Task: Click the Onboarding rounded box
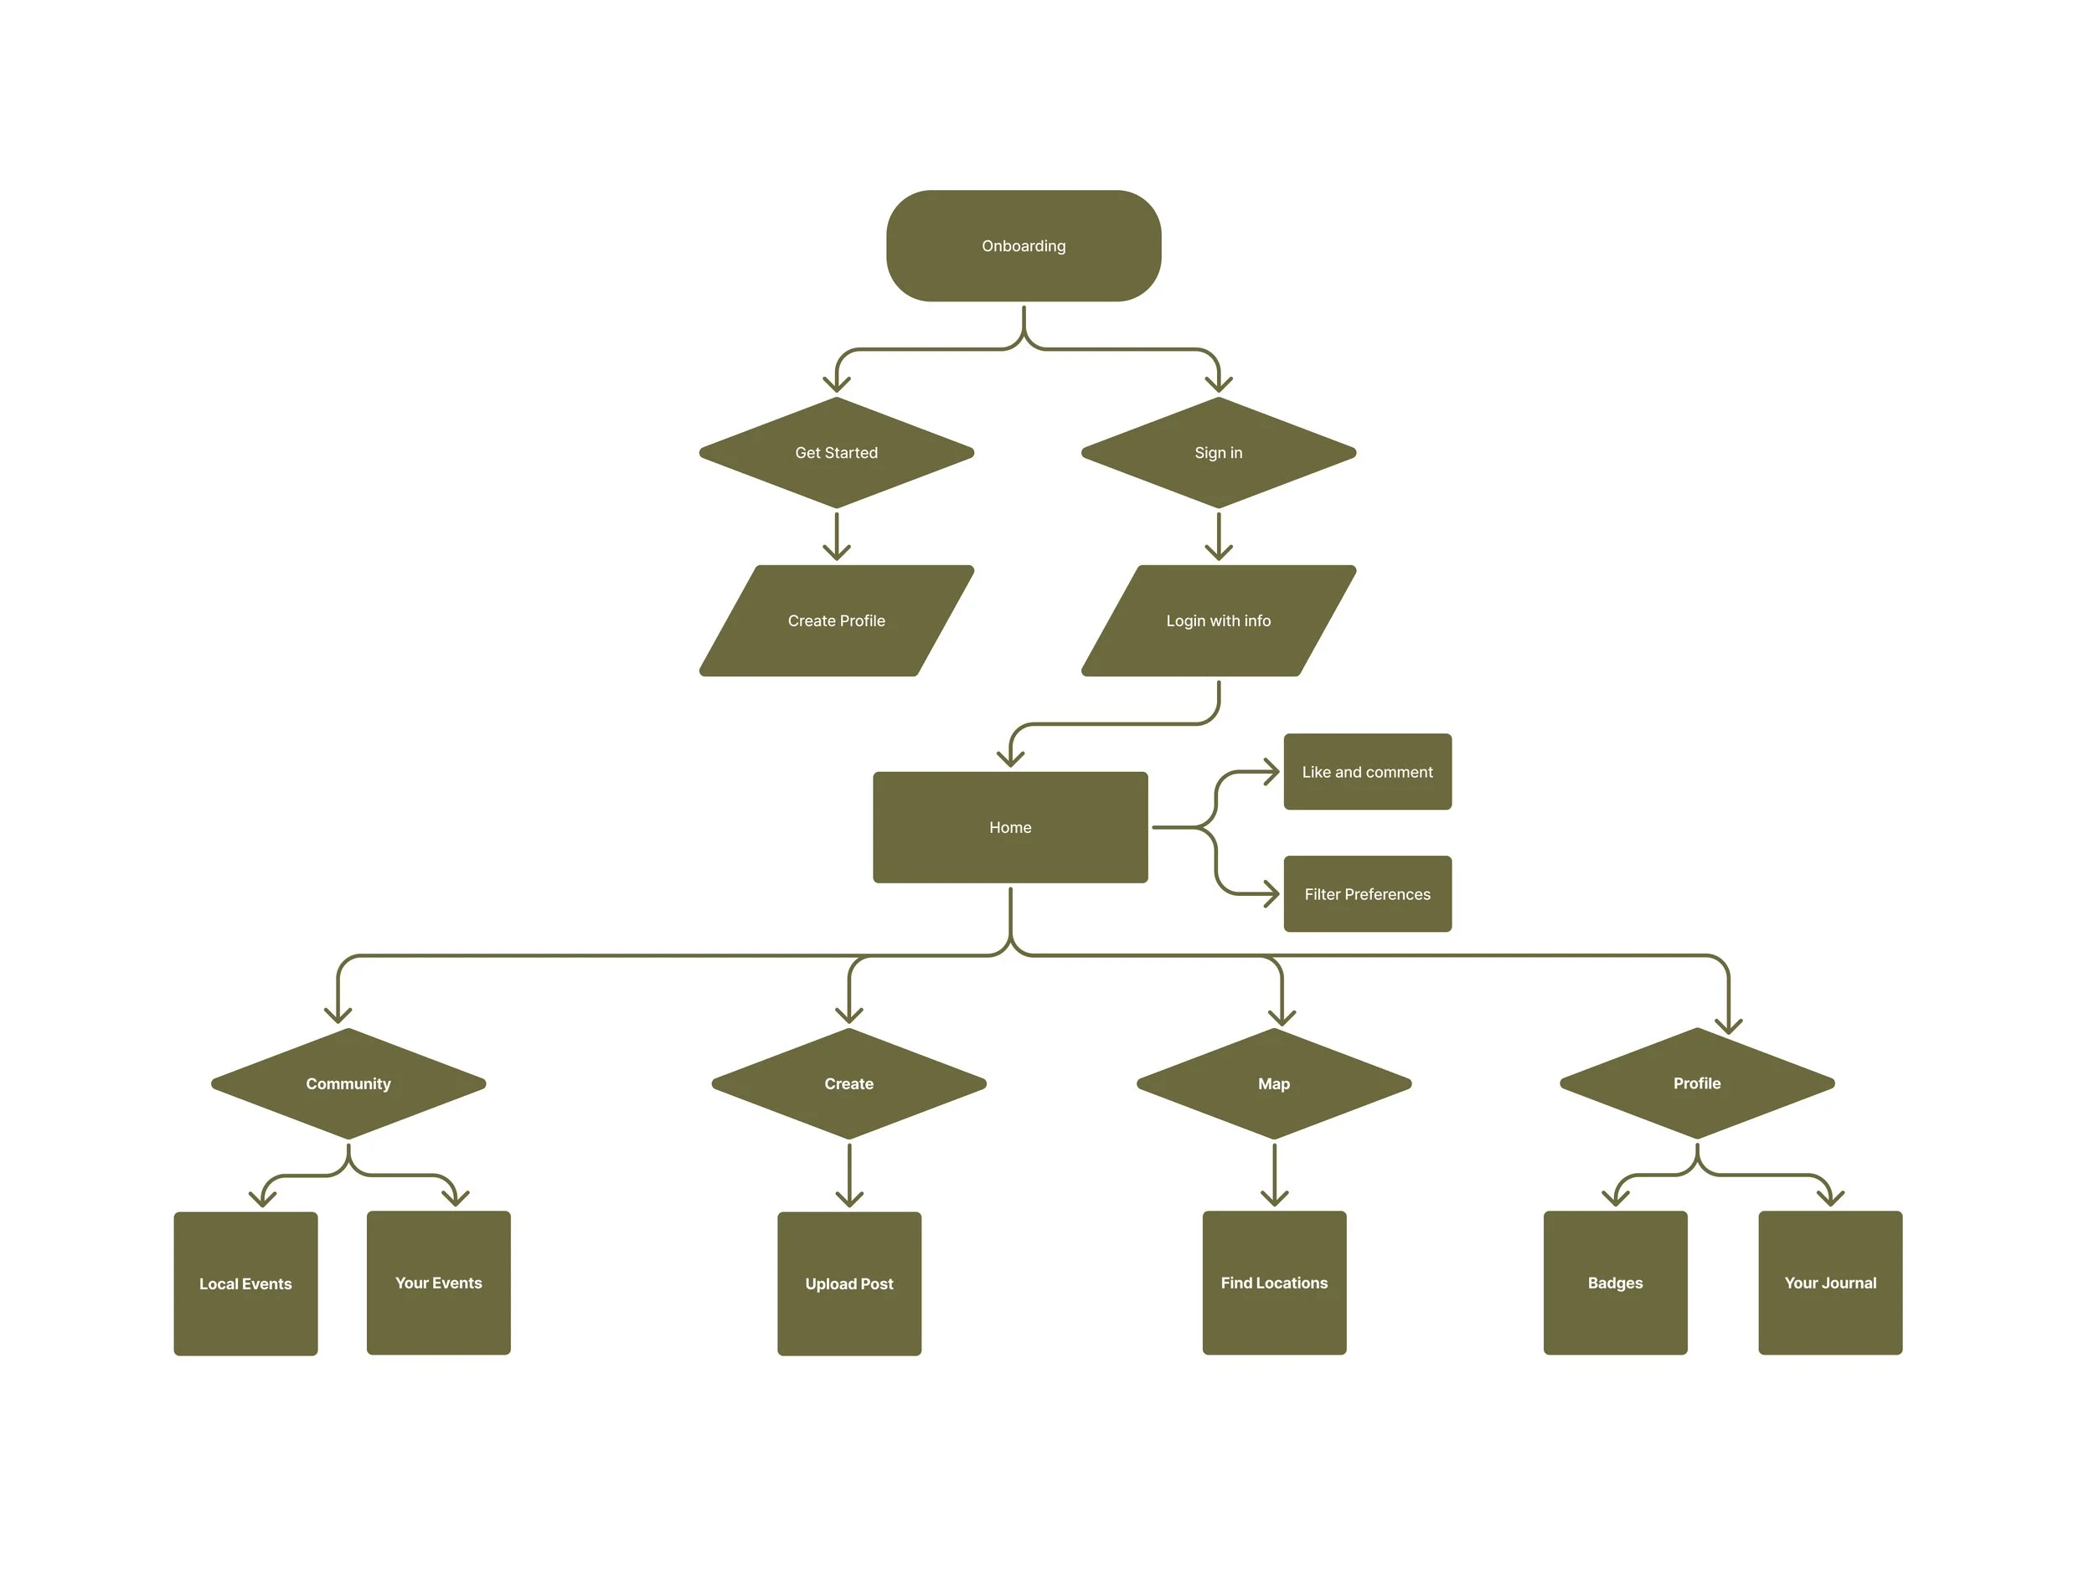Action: [x=1024, y=246]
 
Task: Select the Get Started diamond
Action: [x=836, y=452]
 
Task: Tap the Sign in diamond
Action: [x=1219, y=452]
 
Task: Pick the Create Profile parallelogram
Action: [x=836, y=621]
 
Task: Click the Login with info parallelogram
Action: [x=1219, y=621]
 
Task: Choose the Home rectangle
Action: [x=1010, y=827]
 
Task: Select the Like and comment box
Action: [x=1367, y=771]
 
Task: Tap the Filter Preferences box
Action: [x=1367, y=893]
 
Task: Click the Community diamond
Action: [x=348, y=1083]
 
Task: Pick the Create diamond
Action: [x=849, y=1083]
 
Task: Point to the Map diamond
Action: [x=1274, y=1083]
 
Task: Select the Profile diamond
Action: [x=1697, y=1083]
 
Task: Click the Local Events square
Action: [x=245, y=1283]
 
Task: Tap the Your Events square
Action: [x=438, y=1283]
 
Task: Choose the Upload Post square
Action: [x=849, y=1283]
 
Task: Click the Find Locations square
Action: [x=1274, y=1283]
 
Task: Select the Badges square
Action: [x=1615, y=1283]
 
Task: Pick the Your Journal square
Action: [x=1830, y=1283]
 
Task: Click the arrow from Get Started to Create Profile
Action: [x=836, y=536]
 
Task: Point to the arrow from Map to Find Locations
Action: [x=1274, y=1175]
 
